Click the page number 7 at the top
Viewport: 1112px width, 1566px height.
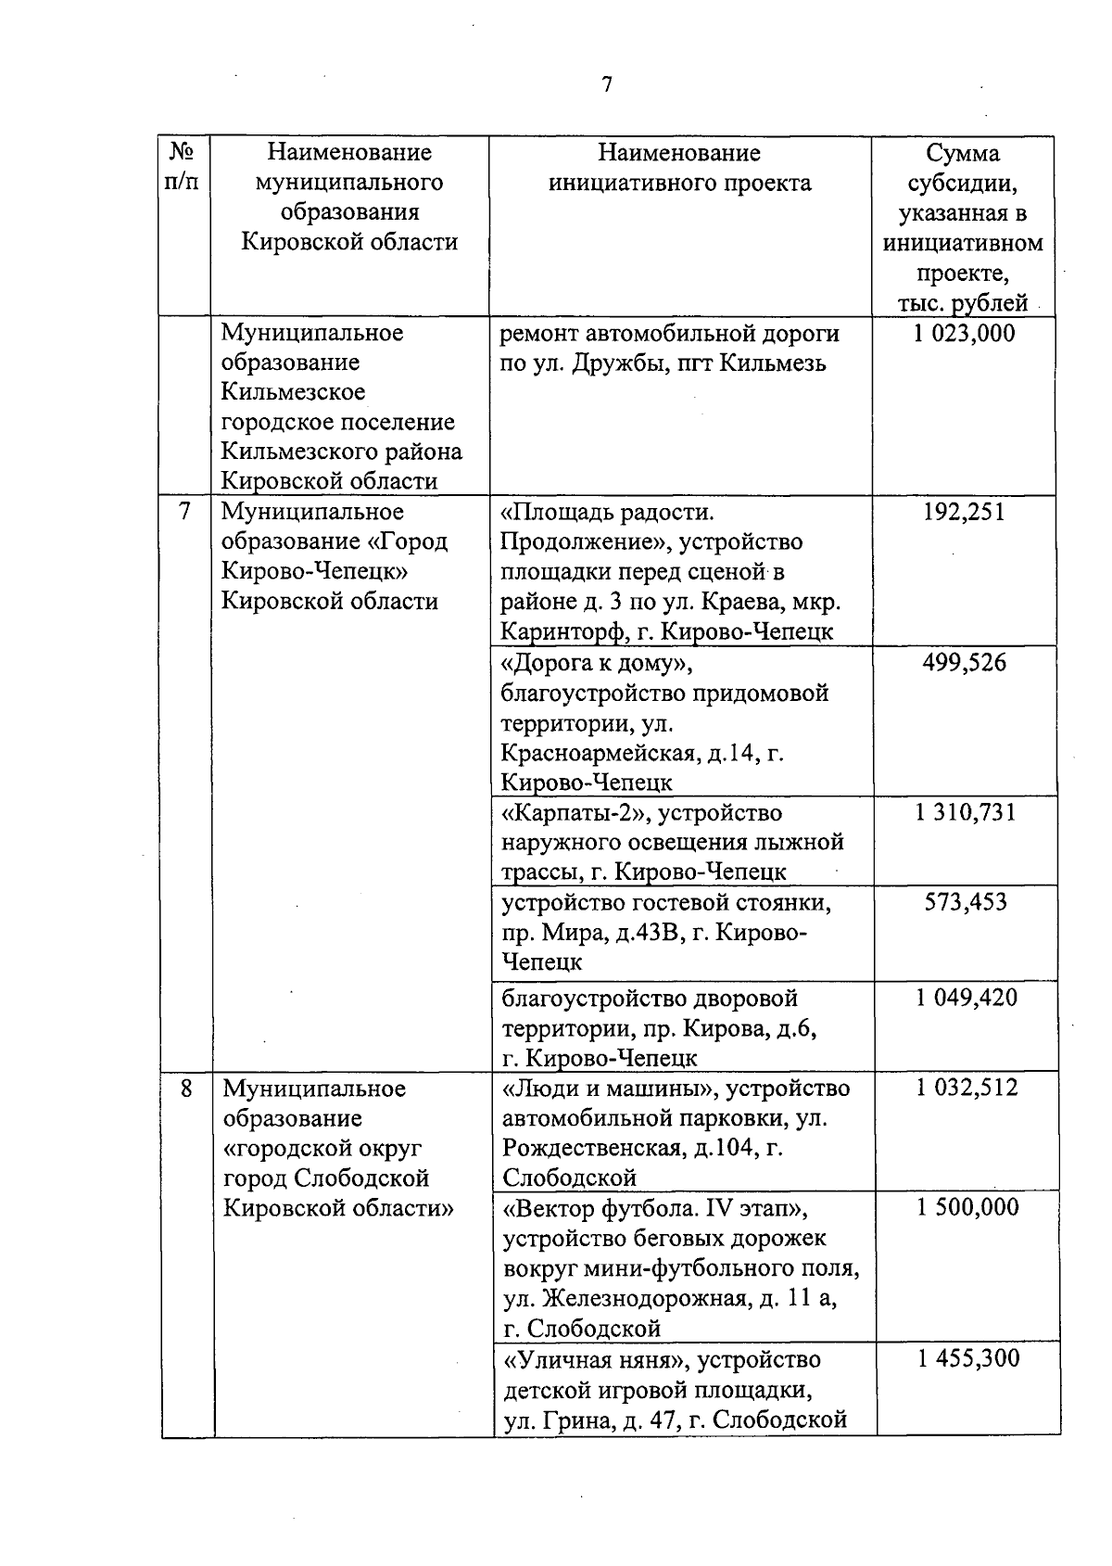click(x=606, y=85)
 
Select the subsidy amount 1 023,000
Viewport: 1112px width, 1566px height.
click(x=964, y=333)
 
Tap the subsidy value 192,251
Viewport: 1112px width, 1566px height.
click(x=964, y=512)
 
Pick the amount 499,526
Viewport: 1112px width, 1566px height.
click(x=964, y=663)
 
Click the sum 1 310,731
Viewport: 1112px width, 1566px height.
click(x=965, y=813)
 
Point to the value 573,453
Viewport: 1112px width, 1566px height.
click(x=965, y=902)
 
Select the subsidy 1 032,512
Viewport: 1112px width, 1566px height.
click(x=967, y=1088)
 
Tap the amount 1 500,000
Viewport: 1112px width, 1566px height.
click(x=967, y=1207)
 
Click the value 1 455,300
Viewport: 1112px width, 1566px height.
click(x=968, y=1358)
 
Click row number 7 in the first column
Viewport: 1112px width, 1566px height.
click(x=185, y=512)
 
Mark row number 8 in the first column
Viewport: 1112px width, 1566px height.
click(x=187, y=1088)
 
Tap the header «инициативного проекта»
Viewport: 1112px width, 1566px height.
click(x=679, y=183)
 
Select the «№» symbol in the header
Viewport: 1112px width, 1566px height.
click(x=183, y=151)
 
